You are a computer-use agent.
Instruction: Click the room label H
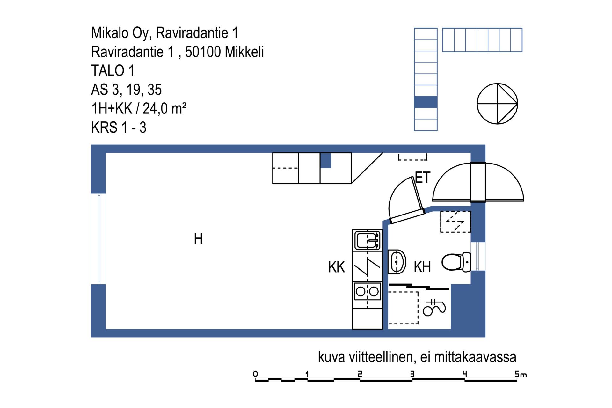click(x=198, y=239)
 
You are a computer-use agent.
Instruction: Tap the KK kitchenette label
click(x=337, y=267)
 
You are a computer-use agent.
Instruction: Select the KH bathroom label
click(x=422, y=267)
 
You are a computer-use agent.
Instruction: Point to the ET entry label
click(x=423, y=178)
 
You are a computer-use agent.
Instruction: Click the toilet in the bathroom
click(x=456, y=262)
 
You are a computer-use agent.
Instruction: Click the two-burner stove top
click(x=368, y=291)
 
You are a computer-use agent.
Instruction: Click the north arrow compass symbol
click(x=497, y=104)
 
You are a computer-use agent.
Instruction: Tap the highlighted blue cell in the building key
click(x=426, y=102)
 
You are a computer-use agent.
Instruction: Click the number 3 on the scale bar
click(x=412, y=374)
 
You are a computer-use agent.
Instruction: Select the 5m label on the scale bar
click(x=521, y=374)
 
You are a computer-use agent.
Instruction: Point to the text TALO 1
click(x=113, y=71)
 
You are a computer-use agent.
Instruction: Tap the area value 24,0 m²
click(x=164, y=108)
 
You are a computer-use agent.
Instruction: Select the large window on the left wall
click(x=98, y=239)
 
